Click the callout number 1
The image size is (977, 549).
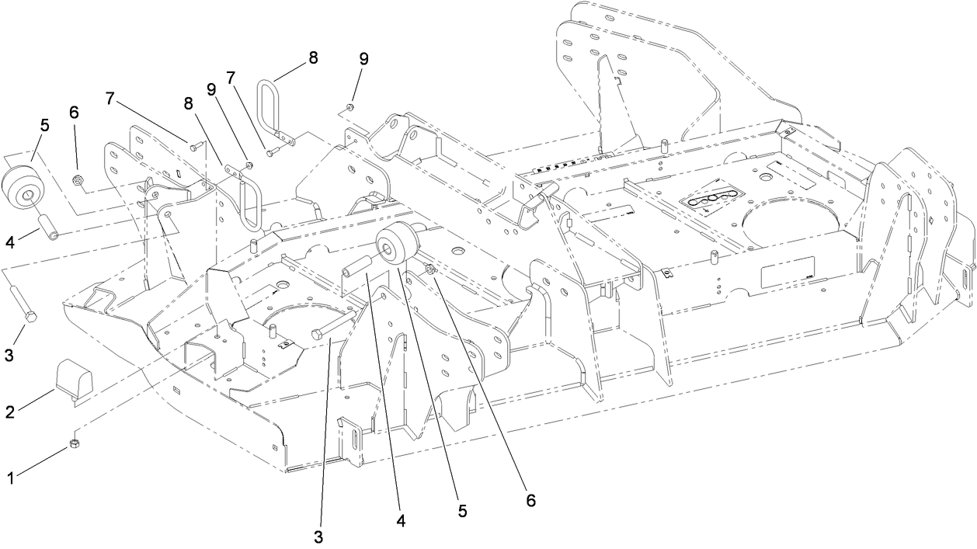pos(11,479)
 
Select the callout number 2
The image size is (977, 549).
pos(10,412)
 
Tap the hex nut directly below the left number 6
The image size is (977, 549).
pos(78,181)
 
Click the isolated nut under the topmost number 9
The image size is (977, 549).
pos(350,106)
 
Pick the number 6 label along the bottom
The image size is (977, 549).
pos(531,501)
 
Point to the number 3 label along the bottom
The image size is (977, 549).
pos(319,537)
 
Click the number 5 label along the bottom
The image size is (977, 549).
pos(462,512)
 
